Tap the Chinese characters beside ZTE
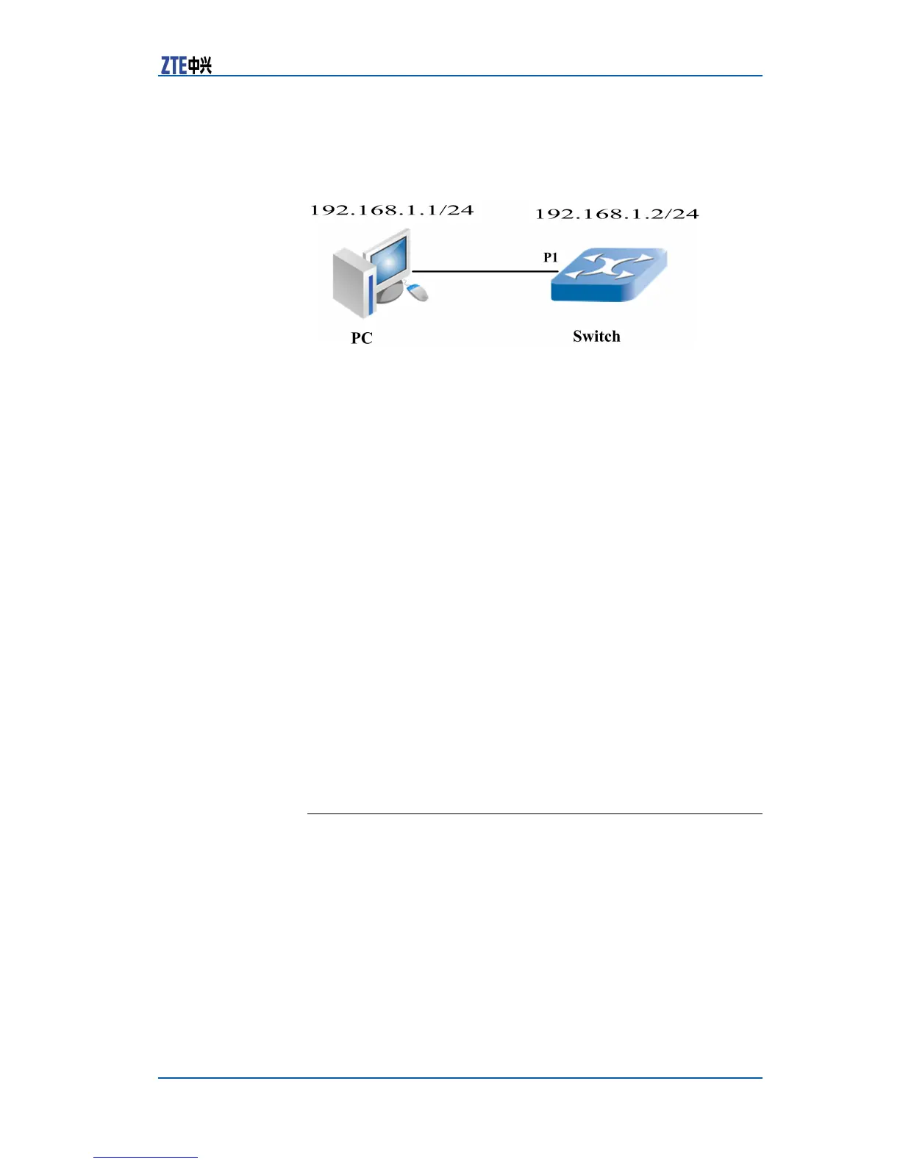pos(200,66)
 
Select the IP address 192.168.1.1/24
pos(391,210)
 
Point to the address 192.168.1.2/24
pos(616,214)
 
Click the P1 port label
pos(551,257)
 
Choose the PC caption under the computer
pos(362,338)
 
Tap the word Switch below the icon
pos(596,337)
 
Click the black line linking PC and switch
pos(485,272)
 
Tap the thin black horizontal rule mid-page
pos(534,814)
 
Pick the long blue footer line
pos(460,1078)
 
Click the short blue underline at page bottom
pos(146,1157)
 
